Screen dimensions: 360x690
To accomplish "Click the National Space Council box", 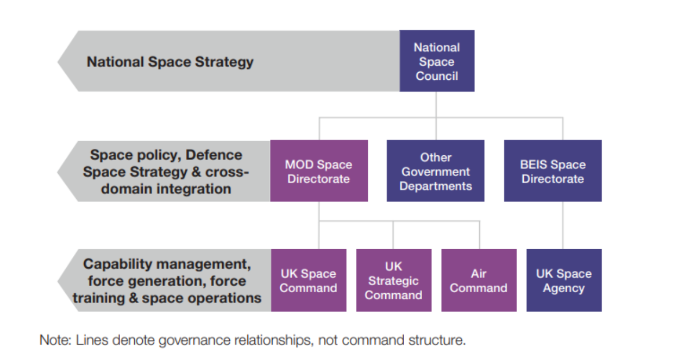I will [x=437, y=61].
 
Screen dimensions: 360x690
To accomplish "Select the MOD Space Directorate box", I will [x=319, y=171].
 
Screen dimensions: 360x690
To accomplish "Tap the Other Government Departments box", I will [x=435, y=171].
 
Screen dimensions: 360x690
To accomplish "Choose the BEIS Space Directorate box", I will [x=553, y=171].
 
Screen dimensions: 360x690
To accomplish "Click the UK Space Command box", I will [x=309, y=280].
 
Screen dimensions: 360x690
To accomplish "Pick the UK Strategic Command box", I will [x=393, y=280].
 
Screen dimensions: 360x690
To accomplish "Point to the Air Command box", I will [x=479, y=280].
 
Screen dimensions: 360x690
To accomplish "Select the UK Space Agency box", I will [x=564, y=280].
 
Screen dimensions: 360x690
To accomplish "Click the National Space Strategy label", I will [x=170, y=61].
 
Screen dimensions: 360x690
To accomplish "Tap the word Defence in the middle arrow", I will [x=214, y=155].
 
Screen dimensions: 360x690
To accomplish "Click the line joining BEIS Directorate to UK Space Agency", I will [x=563, y=225].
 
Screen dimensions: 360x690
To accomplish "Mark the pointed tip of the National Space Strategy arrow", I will [x=59, y=61].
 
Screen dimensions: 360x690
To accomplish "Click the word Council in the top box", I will [x=437, y=76].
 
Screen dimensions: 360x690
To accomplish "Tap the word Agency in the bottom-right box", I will [x=563, y=288].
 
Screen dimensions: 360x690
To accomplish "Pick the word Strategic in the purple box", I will [x=393, y=281].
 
